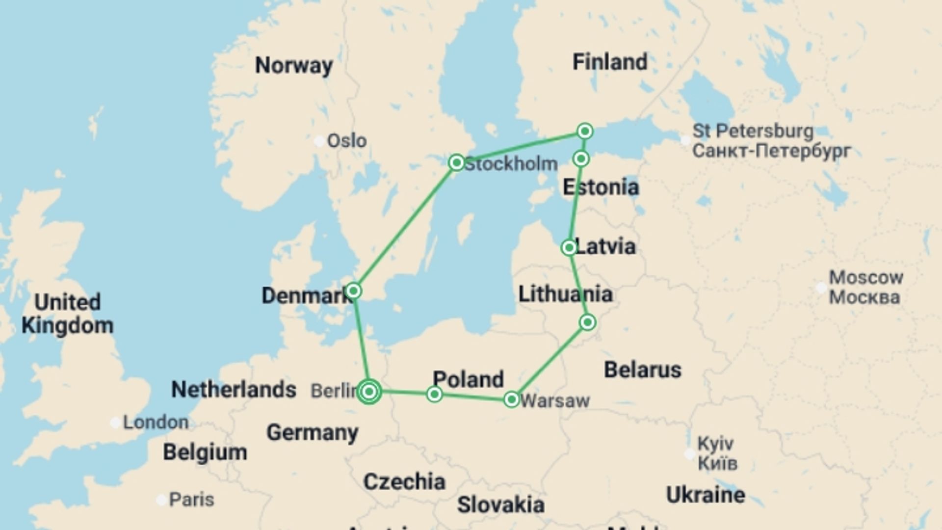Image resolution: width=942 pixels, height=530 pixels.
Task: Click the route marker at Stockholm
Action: [x=456, y=162]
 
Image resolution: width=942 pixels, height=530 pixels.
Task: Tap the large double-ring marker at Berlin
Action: [x=369, y=392]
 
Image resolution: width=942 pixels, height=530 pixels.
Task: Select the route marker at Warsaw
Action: [x=511, y=399]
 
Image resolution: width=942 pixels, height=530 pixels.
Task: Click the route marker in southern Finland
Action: [x=584, y=131]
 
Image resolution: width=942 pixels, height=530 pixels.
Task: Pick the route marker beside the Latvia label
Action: [x=569, y=247]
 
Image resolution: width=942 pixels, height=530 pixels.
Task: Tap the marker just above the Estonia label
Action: [x=581, y=159]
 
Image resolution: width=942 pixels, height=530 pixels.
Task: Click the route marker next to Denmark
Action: [x=353, y=291]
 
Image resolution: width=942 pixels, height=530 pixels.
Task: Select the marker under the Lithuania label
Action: [x=587, y=322]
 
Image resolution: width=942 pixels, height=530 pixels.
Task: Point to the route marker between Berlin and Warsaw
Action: [x=434, y=394]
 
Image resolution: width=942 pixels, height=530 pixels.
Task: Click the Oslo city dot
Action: [x=319, y=141]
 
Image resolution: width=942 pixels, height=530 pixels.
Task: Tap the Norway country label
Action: [x=294, y=65]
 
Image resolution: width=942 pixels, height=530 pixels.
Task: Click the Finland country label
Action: [x=610, y=62]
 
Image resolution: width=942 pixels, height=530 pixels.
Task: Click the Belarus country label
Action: [x=642, y=370]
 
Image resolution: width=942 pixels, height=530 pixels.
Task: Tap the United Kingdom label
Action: [x=67, y=314]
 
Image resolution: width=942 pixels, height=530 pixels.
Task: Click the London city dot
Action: [x=115, y=423]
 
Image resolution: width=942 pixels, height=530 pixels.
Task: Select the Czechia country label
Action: [x=404, y=481]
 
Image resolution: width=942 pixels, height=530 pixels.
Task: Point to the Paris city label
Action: [x=191, y=500]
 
